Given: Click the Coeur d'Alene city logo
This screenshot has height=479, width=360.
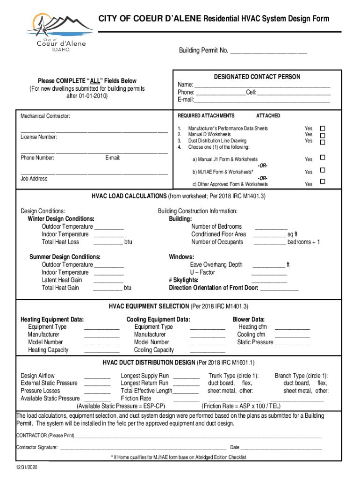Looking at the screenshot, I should click(x=59, y=33).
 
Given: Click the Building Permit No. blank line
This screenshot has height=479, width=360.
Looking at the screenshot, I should click(x=268, y=51).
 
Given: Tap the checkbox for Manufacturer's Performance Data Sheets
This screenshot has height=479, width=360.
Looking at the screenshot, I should click(x=322, y=129).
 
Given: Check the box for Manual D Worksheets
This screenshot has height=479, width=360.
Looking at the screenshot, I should click(x=322, y=135).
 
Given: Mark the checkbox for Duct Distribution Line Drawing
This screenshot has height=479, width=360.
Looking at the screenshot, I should click(x=322, y=141).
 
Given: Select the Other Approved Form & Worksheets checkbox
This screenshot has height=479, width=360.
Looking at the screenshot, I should click(x=322, y=182).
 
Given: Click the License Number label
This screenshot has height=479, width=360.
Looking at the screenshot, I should click(x=39, y=137).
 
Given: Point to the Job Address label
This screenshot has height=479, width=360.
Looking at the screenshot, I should click(x=34, y=179).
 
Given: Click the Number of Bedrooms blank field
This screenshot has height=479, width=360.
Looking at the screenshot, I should click(x=270, y=227).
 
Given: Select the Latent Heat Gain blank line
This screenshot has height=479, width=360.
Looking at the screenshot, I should click(x=108, y=280).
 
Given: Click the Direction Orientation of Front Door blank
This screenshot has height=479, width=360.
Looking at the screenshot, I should click(x=279, y=289).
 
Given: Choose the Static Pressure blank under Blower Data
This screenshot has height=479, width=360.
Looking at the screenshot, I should click(x=292, y=343).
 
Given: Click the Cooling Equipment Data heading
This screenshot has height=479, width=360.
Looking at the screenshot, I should click(x=158, y=319).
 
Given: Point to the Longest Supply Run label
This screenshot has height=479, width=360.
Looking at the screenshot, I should click(x=144, y=376).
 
